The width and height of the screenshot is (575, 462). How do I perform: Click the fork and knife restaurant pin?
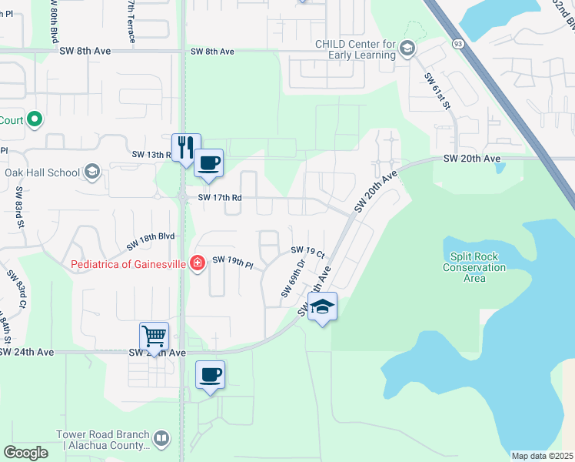185,147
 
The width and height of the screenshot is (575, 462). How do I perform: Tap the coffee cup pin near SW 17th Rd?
208,163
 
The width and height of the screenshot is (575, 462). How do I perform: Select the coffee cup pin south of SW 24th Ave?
210,375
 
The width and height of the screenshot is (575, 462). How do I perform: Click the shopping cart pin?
154,336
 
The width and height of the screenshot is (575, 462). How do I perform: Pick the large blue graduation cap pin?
322,306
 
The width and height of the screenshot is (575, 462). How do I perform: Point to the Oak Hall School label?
42,172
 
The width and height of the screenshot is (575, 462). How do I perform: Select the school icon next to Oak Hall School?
92,171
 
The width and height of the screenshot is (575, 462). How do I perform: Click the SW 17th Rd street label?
220,197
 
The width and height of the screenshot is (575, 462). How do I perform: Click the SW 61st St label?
437,90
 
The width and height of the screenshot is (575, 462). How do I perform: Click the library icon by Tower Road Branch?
161,440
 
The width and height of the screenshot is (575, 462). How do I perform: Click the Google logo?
26,452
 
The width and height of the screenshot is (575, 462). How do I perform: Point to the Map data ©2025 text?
542,456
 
